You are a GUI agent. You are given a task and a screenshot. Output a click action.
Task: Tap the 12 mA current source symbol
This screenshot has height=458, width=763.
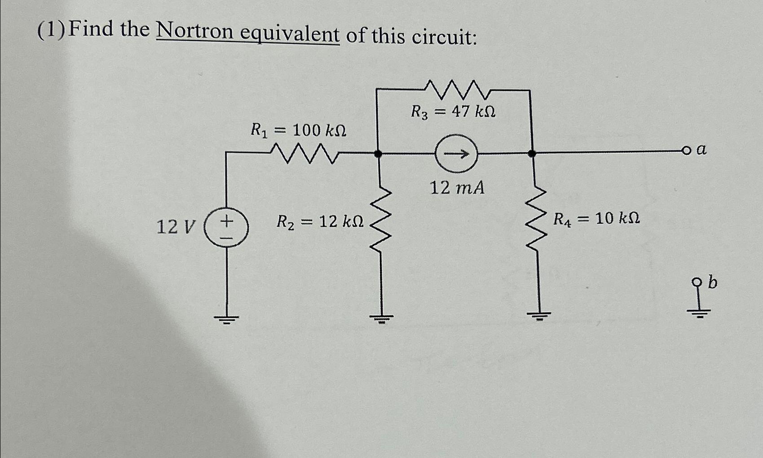[456, 154]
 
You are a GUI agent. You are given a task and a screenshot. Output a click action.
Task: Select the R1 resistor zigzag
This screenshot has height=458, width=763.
[304, 153]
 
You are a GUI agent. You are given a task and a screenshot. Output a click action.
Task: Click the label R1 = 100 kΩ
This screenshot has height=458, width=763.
[298, 131]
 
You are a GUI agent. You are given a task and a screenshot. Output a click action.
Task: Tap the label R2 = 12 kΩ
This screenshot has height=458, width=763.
[320, 221]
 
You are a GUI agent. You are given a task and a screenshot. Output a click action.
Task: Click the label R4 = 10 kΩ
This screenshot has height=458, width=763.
[596, 219]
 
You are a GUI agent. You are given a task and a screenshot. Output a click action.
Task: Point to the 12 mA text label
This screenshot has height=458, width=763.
[457, 188]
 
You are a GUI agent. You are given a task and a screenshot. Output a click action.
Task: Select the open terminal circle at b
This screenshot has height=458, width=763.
[697, 282]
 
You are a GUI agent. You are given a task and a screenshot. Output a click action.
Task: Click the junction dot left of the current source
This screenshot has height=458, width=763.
[378, 154]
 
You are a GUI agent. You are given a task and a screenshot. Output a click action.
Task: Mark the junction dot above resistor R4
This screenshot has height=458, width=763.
[532, 154]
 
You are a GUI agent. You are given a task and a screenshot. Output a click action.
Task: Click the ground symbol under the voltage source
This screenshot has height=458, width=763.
[226, 319]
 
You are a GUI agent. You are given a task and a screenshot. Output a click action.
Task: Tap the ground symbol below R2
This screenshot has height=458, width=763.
[381, 319]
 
